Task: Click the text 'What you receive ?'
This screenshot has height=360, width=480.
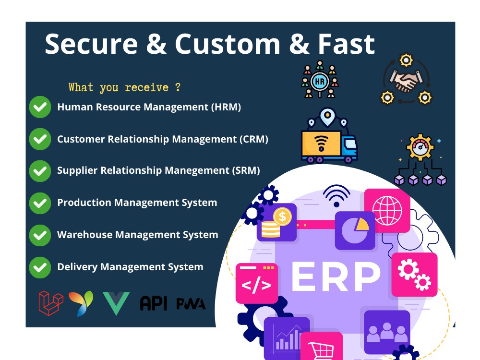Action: coord(125,87)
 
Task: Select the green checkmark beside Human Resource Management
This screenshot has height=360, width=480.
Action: coord(40,107)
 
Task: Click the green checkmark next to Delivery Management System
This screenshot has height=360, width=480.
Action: coord(40,267)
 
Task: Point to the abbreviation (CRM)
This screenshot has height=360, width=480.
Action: coord(253,139)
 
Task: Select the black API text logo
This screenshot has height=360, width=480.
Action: coord(154,303)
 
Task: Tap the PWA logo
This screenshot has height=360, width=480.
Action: coord(191,304)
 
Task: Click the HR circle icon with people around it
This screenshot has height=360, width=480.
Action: coord(319,81)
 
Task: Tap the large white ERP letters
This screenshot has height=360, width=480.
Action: coord(336,277)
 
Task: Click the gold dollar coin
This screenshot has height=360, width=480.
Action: coord(282,217)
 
